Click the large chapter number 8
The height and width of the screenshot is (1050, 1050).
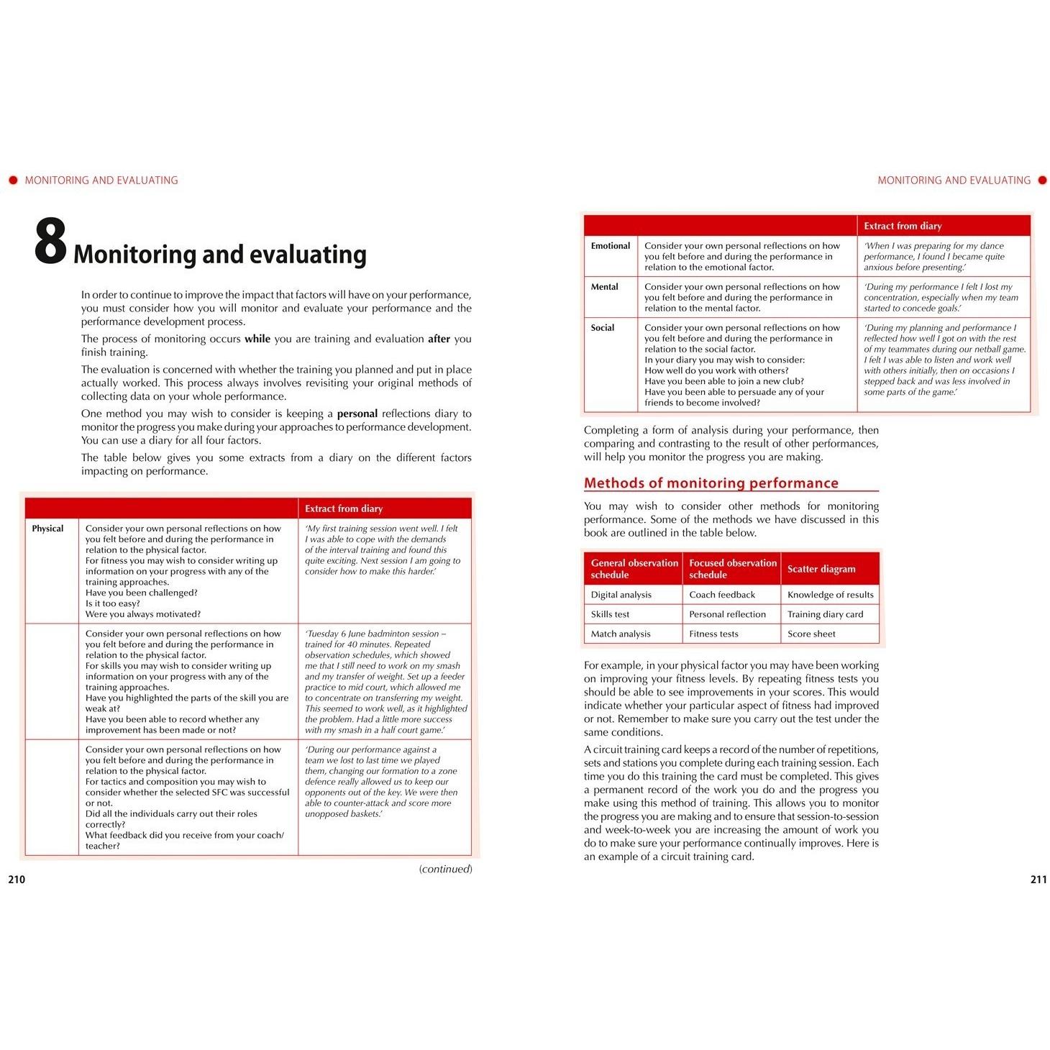tap(50, 243)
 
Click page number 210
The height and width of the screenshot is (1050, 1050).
tap(17, 879)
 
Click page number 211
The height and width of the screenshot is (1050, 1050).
tap(1038, 879)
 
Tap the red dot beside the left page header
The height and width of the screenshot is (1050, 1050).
tap(13, 181)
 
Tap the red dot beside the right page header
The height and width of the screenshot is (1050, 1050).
tap(1042, 181)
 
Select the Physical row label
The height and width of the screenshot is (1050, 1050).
tap(47, 529)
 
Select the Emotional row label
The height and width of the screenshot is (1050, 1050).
tap(611, 246)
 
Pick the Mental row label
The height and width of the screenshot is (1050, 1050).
tap(604, 287)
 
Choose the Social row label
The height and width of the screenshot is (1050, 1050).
tap(603, 328)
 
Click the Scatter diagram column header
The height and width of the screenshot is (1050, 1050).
tap(821, 569)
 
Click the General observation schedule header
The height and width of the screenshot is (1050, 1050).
tap(634, 569)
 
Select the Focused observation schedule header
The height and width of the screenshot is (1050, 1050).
tap(732, 569)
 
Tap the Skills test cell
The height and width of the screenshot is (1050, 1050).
tap(610, 614)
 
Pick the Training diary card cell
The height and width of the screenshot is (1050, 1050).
tap(825, 614)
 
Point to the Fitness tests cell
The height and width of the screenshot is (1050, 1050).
tap(713, 634)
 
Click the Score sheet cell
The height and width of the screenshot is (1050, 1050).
tap(811, 634)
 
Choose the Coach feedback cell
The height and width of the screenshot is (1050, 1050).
tap(722, 595)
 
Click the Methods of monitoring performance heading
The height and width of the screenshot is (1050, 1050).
tap(711, 483)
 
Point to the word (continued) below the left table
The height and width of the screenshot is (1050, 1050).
tap(445, 869)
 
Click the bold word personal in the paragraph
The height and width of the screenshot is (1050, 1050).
tap(357, 414)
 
